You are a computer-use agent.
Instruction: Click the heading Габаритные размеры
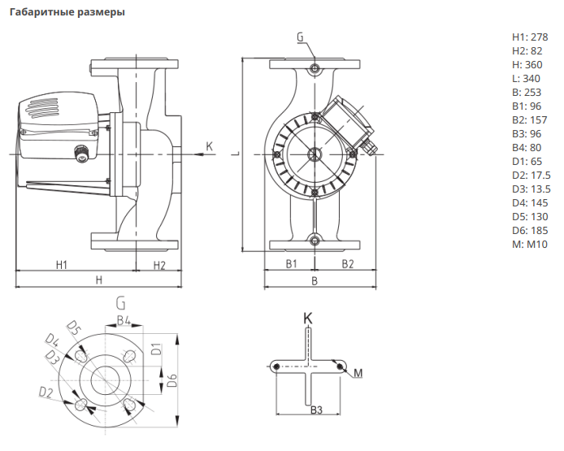click(x=67, y=12)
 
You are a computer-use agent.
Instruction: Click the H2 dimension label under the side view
click(x=159, y=265)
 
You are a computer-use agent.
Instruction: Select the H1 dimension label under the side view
click(x=61, y=265)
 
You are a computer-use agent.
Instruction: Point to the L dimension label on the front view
click(x=235, y=151)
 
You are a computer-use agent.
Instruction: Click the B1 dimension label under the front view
click(x=291, y=265)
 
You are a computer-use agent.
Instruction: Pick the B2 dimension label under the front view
click(x=347, y=265)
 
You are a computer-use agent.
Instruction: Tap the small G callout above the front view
click(x=300, y=37)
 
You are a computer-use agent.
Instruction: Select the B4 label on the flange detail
click(x=124, y=320)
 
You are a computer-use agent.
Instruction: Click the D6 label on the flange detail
click(x=171, y=381)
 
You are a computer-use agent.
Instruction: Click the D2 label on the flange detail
click(x=46, y=393)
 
